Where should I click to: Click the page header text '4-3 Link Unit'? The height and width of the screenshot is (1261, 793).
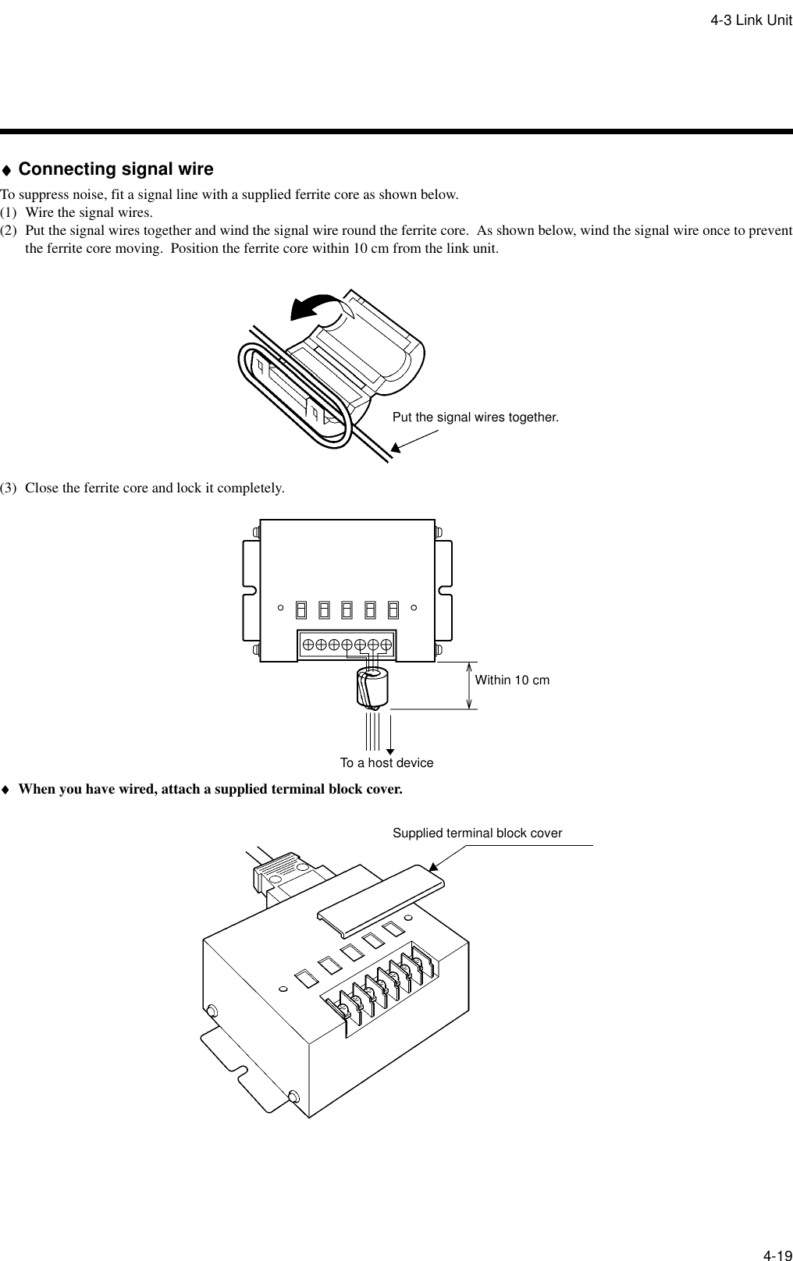pyautogui.click(x=750, y=20)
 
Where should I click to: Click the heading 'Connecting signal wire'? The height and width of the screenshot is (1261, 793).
pyautogui.click(x=116, y=169)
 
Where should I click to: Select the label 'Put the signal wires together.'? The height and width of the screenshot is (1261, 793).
pyautogui.click(x=475, y=417)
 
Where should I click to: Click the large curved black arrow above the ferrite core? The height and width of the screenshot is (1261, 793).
pyautogui.click(x=316, y=307)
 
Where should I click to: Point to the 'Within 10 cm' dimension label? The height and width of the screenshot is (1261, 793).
pyautogui.click(x=512, y=680)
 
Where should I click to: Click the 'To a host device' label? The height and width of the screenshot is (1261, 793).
pyautogui.click(x=386, y=763)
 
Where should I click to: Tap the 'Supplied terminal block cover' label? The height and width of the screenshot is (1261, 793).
pyautogui.click(x=477, y=833)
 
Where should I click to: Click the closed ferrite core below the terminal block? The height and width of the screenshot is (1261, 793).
pyautogui.click(x=371, y=687)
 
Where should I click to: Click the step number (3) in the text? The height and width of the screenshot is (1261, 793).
pyautogui.click(x=10, y=488)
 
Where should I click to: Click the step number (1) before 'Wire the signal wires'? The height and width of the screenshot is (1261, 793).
pyautogui.click(x=10, y=212)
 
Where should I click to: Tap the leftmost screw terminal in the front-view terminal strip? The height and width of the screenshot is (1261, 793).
pyautogui.click(x=308, y=645)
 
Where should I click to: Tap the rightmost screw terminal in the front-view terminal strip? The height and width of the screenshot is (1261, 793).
pyautogui.click(x=386, y=645)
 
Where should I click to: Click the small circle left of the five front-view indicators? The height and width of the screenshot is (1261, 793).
pyautogui.click(x=280, y=606)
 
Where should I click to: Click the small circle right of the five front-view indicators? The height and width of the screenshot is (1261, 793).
pyautogui.click(x=414, y=606)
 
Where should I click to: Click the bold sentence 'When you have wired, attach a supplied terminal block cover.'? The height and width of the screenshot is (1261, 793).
pyautogui.click(x=211, y=789)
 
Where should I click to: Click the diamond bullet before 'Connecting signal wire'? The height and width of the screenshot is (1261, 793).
pyautogui.click(x=6, y=170)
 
